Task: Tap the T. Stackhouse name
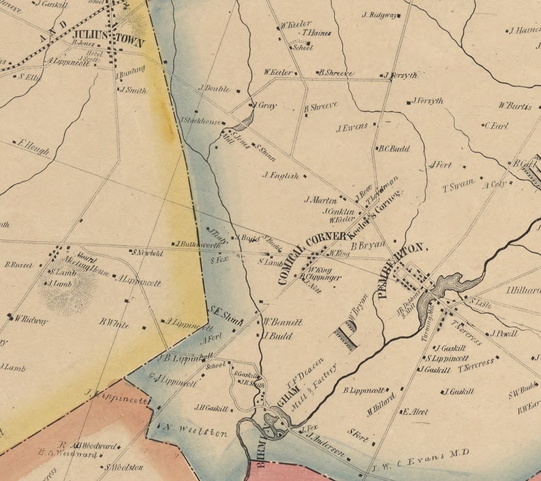coord(200,121)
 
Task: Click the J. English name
coord(281,175)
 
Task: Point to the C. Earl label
coord(496,126)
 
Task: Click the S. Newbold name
coord(147,252)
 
